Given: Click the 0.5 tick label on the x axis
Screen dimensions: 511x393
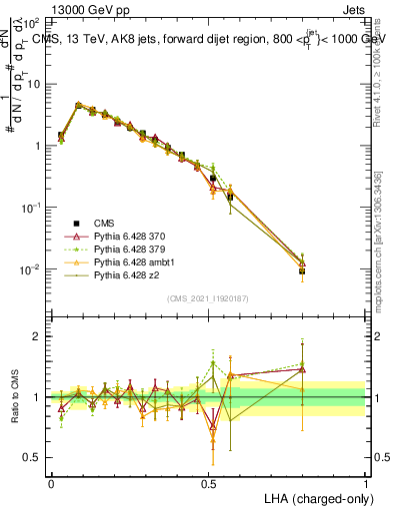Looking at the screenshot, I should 209,482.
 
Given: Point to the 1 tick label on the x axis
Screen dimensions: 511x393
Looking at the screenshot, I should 366,482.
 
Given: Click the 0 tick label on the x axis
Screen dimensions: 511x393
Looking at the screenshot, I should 51,482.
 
